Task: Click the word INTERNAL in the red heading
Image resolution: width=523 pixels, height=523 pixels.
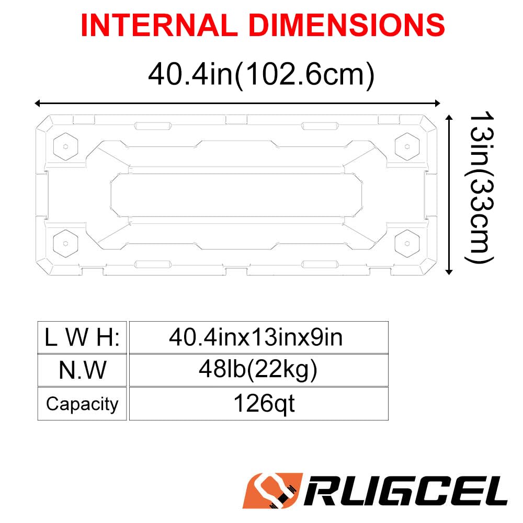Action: (x=159, y=25)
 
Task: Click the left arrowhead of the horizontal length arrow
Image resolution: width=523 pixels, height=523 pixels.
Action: (x=38, y=103)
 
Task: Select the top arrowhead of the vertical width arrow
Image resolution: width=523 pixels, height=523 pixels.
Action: (x=449, y=117)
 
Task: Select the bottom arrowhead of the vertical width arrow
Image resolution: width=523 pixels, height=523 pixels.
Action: (x=449, y=271)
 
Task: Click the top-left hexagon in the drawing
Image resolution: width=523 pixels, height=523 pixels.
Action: (x=66, y=146)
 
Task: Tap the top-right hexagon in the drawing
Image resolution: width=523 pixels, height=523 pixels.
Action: (x=407, y=146)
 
